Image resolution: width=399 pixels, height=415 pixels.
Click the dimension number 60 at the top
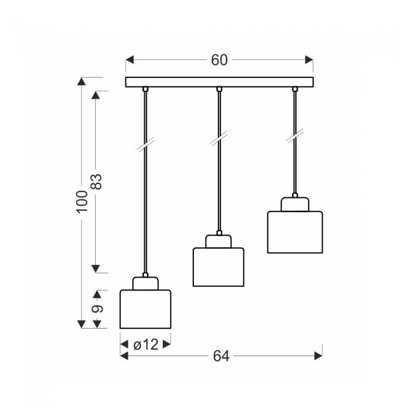219,60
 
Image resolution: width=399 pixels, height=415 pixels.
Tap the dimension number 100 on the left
82,202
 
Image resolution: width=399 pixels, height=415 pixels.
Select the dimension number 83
96,182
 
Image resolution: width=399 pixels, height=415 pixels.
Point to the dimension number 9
98,309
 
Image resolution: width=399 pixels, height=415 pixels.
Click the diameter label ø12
146,345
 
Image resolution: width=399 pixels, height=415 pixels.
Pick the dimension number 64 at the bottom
221,356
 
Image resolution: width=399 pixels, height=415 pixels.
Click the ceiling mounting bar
219,82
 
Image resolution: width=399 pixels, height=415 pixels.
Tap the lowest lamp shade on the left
145,309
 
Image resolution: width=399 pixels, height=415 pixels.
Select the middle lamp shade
219,267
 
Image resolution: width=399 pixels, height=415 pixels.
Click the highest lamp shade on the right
295,232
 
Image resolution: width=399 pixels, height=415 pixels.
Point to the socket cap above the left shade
145,283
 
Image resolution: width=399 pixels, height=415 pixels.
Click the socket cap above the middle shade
219,242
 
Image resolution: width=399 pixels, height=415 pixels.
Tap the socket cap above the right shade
295,204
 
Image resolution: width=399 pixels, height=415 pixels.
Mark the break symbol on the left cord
145,145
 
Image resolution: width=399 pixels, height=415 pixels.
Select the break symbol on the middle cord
219,139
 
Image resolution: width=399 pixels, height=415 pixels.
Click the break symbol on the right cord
295,136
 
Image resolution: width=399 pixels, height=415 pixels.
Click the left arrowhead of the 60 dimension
130,60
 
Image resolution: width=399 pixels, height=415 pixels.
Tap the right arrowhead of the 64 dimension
319,356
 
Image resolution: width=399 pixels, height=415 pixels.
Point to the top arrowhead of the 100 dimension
82,82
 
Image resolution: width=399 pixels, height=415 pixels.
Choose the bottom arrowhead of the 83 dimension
96,268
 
